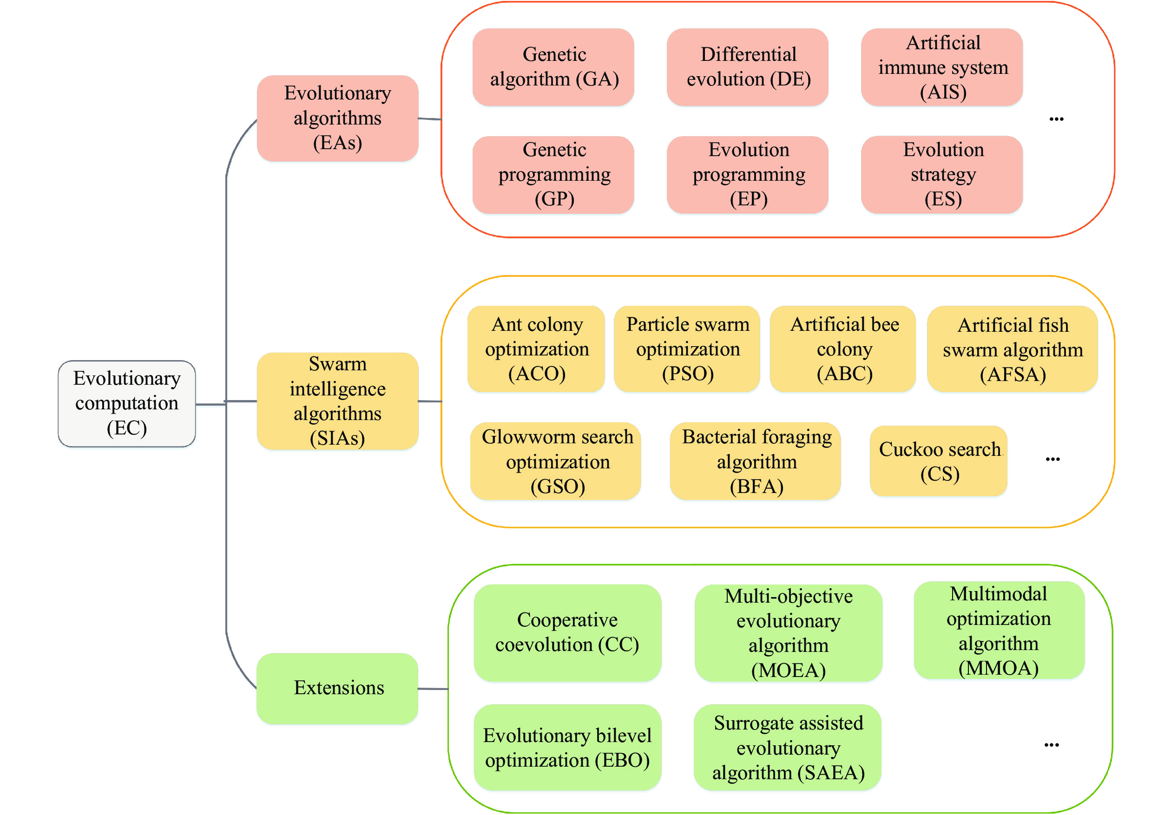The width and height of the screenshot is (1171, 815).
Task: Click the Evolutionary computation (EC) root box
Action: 126,403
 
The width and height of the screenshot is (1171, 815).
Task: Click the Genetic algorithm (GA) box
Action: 553,67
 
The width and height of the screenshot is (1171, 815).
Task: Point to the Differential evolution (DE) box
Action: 747,67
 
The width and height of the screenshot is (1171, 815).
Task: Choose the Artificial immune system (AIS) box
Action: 941,67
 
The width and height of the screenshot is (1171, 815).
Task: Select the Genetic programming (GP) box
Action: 553,174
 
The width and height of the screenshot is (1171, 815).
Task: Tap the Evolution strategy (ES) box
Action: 941,174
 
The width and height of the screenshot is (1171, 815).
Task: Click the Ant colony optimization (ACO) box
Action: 536,349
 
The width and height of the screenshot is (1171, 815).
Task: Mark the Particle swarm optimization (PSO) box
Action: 686,349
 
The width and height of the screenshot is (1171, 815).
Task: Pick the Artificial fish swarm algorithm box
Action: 1012,349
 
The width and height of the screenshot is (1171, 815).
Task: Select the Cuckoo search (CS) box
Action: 939,460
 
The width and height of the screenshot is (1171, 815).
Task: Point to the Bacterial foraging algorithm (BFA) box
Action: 755,461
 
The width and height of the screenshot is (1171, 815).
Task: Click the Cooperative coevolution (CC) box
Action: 567,632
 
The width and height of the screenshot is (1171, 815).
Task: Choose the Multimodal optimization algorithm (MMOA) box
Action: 999,631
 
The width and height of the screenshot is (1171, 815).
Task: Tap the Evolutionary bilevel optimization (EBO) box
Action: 567,747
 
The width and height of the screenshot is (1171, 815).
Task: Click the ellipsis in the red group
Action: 1056,119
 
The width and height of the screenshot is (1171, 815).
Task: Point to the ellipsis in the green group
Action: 1051,745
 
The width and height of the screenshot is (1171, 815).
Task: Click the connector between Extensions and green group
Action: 433,689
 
